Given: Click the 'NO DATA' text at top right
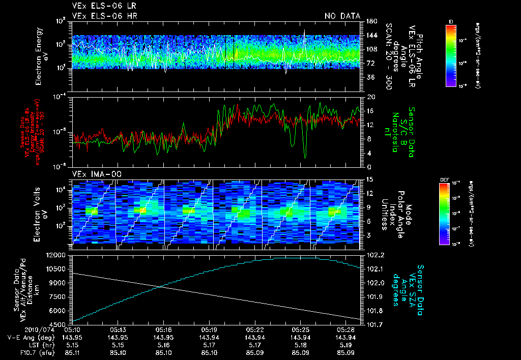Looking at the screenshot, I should click(342, 16).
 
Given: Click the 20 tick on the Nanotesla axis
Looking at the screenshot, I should click(370, 97).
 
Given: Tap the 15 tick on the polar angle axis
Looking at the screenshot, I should click(370, 179).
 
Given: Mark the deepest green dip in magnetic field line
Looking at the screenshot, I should click(305, 157).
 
